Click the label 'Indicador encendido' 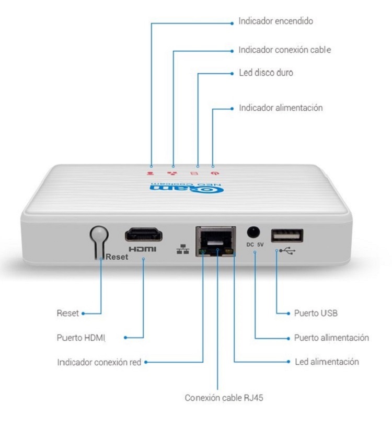point(276,21)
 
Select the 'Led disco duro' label point(266,73)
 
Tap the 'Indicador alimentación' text point(281,108)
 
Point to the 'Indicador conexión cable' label point(285,50)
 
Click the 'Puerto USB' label point(316,313)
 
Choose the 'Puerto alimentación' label point(331,338)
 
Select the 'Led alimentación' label point(327,362)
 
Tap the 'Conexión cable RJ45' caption point(224,398)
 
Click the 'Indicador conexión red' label point(99,362)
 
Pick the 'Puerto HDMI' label point(81,338)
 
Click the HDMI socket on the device point(144,235)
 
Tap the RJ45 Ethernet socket point(216,241)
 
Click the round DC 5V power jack point(253,233)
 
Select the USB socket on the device point(287,235)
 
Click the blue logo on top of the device point(187,188)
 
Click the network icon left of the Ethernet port point(182,249)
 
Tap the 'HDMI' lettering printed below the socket point(143,249)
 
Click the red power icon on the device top point(215,173)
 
